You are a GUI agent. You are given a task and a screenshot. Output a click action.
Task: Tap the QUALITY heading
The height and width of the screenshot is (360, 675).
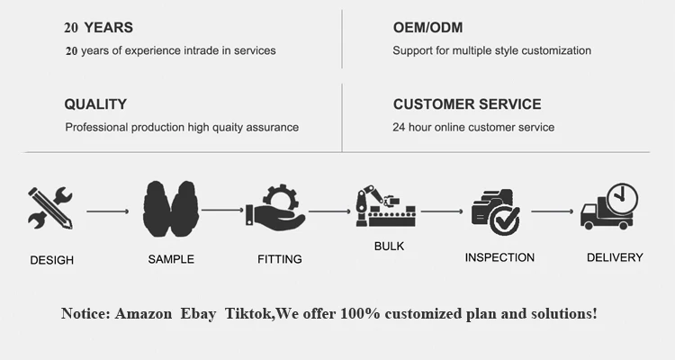pyautogui.click(x=95, y=104)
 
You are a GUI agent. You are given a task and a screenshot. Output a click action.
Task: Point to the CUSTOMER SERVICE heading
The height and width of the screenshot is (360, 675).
pyautogui.click(x=467, y=104)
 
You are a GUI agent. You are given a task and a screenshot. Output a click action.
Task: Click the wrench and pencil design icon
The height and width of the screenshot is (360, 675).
pyautogui.click(x=50, y=208)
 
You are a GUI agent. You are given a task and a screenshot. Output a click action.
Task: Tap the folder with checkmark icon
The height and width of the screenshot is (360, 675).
pyautogui.click(x=496, y=210)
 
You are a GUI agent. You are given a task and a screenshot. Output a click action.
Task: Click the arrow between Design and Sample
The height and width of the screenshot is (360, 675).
pyautogui.click(x=107, y=212)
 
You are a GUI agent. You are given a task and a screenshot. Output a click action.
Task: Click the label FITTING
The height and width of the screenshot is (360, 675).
pyautogui.click(x=280, y=259)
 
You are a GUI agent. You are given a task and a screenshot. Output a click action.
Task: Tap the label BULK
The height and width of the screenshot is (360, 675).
pyautogui.click(x=388, y=245)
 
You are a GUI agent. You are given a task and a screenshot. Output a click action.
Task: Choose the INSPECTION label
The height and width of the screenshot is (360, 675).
pyautogui.click(x=499, y=257)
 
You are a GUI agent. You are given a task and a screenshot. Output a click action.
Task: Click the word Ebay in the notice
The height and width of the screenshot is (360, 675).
pyautogui.click(x=197, y=314)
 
